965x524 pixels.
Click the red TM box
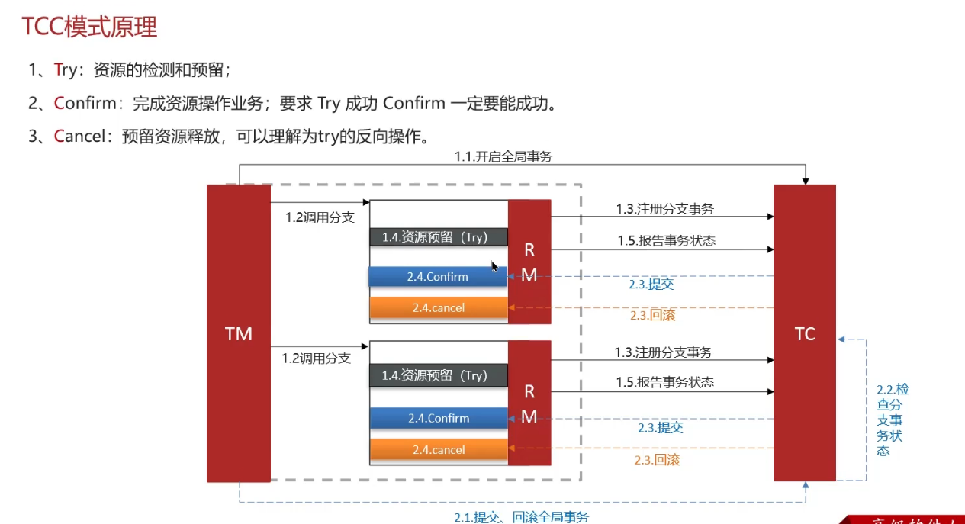(239, 333)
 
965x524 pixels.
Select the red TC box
(805, 333)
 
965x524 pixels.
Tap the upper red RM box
(529, 262)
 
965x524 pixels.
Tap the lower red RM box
(529, 403)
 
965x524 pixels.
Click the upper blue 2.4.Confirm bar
(438, 276)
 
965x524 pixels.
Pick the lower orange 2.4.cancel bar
(439, 450)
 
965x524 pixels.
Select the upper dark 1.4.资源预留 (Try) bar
(439, 237)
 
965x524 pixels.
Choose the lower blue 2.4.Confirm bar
(439, 418)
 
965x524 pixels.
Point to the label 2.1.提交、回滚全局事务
(521, 516)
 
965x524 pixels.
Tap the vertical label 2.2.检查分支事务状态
(889, 420)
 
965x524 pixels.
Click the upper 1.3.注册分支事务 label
(665, 209)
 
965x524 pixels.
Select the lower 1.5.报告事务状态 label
(665, 382)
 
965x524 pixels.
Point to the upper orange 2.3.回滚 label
(652, 315)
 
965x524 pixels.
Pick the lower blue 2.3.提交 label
(660, 428)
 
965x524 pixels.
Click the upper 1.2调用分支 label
(320, 217)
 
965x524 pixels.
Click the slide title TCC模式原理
(89, 27)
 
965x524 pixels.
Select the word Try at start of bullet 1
(66, 70)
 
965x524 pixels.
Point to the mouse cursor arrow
(494, 266)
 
